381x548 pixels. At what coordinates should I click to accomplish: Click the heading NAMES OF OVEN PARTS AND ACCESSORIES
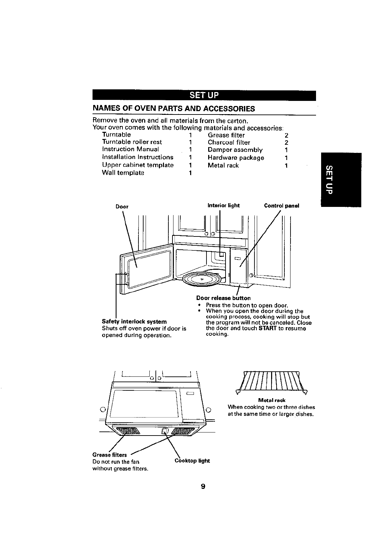click(174, 109)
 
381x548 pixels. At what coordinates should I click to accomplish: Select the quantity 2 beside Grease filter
click(286, 135)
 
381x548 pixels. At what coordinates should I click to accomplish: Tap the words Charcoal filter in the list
click(229, 142)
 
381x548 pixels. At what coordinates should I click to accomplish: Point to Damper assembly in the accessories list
click(235, 150)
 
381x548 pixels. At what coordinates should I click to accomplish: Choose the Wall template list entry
click(123, 173)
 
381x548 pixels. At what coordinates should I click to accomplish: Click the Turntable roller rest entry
click(132, 142)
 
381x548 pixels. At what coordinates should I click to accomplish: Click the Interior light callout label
click(223, 206)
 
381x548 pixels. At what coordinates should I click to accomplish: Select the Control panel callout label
click(282, 206)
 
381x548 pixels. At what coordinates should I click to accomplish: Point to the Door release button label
click(223, 298)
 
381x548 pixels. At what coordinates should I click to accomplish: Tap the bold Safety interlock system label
click(134, 321)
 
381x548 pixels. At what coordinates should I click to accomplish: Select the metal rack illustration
click(271, 383)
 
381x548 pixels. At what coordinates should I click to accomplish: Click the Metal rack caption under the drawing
click(271, 400)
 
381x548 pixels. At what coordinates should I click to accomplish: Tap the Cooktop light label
click(192, 461)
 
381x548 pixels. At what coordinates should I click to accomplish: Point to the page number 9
click(203, 487)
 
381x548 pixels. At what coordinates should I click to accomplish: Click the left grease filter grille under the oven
click(129, 431)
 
